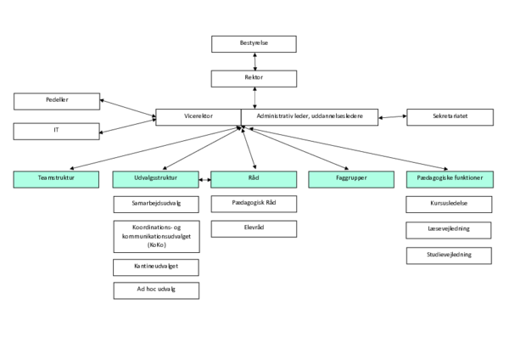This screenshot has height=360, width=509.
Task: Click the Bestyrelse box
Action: tap(254, 44)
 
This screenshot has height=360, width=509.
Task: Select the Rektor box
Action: tap(254, 78)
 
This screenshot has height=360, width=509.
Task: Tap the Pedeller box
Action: tap(57, 101)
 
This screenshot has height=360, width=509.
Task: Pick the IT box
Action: tap(57, 132)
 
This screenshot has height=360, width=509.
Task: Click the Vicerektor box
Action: tap(198, 117)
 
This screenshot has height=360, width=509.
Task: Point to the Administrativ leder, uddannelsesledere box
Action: tap(310, 117)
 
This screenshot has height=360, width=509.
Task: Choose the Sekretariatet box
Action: tap(450, 117)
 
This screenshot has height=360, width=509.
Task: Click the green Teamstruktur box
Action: tap(57, 179)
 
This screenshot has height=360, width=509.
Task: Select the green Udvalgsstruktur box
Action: tap(155, 179)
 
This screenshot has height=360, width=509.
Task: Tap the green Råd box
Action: tap(254, 179)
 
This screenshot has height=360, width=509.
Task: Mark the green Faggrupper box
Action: tap(351, 179)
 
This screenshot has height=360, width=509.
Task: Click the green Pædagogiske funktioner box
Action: tap(450, 179)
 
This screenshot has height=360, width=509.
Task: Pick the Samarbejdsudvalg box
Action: tap(156, 204)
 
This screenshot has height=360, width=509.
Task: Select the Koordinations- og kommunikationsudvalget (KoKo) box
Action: tap(156, 236)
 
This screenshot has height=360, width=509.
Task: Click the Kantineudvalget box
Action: tap(156, 267)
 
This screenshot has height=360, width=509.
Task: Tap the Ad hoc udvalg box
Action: tap(156, 290)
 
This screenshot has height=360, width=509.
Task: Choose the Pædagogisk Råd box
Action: tap(254, 203)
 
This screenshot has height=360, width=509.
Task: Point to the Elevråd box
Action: tap(254, 228)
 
